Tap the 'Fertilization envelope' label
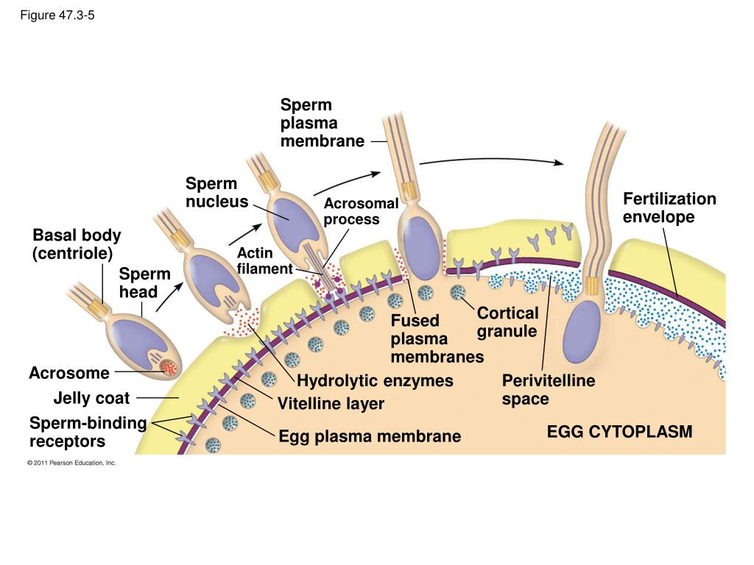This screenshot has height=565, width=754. [669, 208]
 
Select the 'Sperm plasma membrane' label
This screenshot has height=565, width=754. [322, 123]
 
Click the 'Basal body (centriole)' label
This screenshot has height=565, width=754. [77, 244]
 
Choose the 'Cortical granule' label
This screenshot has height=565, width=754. [507, 322]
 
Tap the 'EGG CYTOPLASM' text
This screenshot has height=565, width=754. [619, 432]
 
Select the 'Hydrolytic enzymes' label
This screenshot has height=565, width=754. [375, 381]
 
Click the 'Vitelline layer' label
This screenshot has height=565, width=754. [331, 404]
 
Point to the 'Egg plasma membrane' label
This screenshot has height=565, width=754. [369, 436]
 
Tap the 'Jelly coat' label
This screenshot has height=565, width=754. [91, 399]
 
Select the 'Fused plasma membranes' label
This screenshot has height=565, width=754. [437, 339]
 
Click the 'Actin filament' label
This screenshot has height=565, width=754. [264, 261]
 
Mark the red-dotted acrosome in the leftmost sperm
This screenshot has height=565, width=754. [169, 365]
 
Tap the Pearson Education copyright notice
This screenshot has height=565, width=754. [71, 463]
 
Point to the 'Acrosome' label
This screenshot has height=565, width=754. [68, 373]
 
